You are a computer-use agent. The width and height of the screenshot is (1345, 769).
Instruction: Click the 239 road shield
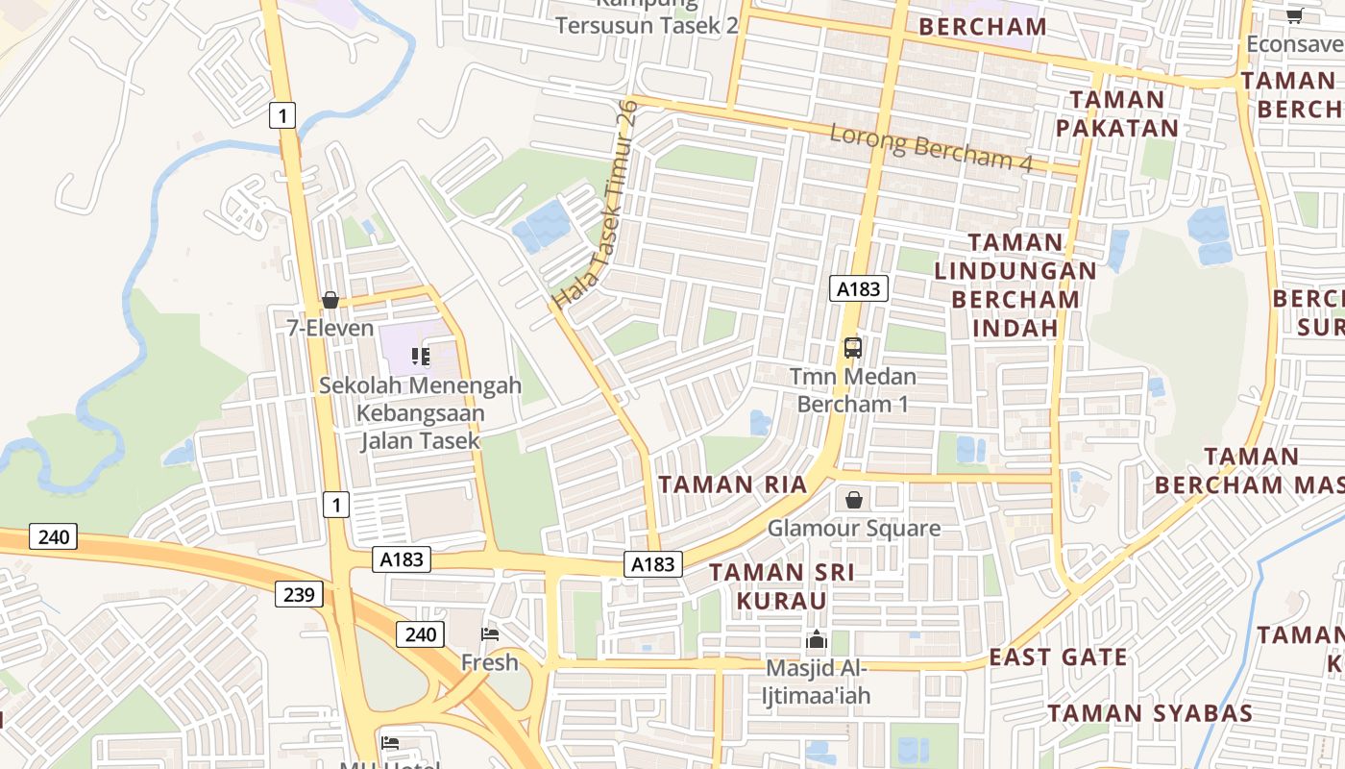[299, 595]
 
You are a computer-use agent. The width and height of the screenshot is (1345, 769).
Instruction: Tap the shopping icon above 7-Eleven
[330, 300]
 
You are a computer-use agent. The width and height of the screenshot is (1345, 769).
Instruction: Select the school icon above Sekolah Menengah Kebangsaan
[420, 357]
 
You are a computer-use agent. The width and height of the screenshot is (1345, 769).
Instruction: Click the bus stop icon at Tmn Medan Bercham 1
[852, 348]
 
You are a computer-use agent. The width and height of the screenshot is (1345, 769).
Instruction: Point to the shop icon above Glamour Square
[853, 500]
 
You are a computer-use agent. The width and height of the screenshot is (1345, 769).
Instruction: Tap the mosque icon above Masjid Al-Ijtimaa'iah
[817, 639]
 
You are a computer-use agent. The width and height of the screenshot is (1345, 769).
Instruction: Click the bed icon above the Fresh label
[489, 633]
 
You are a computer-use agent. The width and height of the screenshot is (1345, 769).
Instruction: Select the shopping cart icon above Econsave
[1294, 15]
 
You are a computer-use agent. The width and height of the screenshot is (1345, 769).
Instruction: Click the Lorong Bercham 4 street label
[930, 148]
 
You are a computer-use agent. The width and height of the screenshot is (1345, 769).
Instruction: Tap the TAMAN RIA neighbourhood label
[733, 484]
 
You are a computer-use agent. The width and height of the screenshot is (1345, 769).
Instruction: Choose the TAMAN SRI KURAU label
[781, 586]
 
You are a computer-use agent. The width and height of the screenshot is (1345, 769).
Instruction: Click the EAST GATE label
[1059, 657]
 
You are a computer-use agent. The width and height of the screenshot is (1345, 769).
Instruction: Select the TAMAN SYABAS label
[1150, 713]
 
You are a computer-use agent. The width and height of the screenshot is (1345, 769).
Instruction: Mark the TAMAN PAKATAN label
[1116, 113]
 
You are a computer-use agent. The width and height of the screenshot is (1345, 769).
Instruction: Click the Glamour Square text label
[853, 529]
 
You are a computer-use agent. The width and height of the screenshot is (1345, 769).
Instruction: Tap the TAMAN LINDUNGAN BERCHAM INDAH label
[1015, 285]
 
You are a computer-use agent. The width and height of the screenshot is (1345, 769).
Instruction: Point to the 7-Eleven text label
[330, 328]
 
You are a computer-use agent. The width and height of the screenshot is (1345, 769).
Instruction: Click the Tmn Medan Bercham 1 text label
[853, 389]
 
